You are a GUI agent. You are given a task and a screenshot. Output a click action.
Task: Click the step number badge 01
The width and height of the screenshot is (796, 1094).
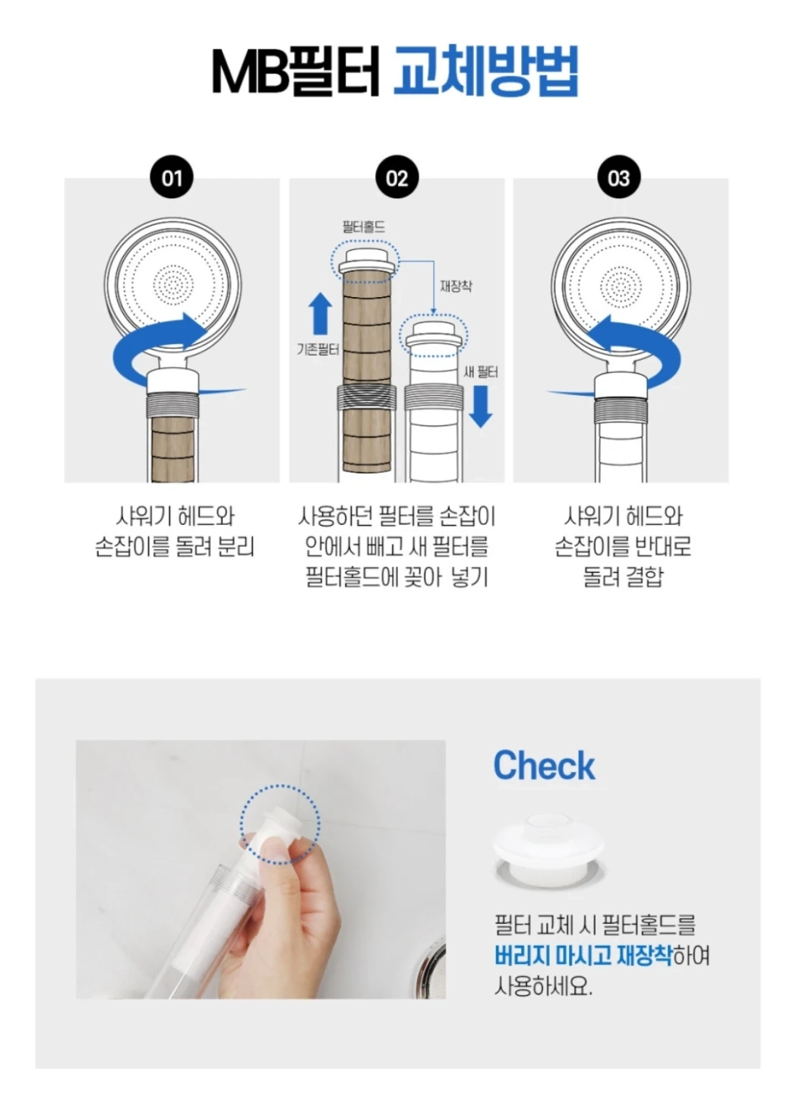[x=172, y=178]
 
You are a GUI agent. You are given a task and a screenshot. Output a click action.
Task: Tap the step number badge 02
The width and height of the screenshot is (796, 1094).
[x=396, y=178]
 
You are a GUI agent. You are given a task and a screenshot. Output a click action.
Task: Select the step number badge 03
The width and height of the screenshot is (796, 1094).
[x=619, y=178]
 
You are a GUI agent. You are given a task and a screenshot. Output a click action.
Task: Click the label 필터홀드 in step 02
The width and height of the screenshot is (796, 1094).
[x=364, y=226]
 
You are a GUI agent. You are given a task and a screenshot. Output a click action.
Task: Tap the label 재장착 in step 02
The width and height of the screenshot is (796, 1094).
[x=456, y=286]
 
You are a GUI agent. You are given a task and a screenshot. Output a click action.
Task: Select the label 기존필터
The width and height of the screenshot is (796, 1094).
[x=317, y=349]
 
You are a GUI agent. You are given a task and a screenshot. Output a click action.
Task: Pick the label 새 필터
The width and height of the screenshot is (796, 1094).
[x=481, y=372]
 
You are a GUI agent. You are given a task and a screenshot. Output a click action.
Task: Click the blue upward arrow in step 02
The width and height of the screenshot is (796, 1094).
[x=321, y=314]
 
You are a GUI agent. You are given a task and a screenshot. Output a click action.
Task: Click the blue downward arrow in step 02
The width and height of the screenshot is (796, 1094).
[x=481, y=406]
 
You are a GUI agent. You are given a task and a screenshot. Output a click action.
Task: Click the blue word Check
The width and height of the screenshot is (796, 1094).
[x=544, y=765]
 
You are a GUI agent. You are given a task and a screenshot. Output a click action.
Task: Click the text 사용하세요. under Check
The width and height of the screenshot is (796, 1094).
[x=543, y=996]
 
